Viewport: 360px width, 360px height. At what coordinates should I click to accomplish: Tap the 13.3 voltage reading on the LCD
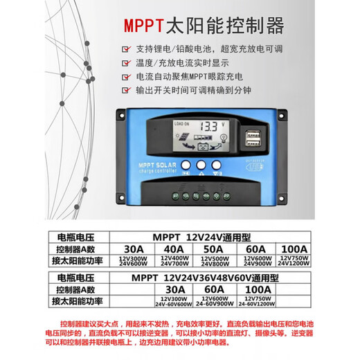[209, 128]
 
